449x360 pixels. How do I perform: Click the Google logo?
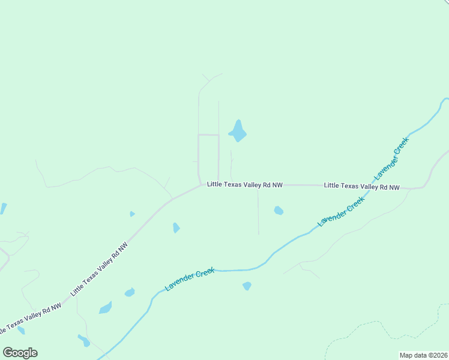click(20, 353)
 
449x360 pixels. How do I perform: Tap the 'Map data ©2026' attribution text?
click(424, 355)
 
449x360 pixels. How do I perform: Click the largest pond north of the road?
click(238, 131)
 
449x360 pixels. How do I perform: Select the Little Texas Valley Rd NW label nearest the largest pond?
click(244, 185)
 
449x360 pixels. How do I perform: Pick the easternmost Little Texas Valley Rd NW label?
click(361, 187)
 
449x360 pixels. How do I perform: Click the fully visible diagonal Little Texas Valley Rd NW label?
click(99, 269)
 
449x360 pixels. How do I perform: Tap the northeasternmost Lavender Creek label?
click(391, 158)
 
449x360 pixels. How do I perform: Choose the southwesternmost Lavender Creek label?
click(190, 280)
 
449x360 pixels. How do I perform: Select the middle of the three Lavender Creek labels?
click(342, 212)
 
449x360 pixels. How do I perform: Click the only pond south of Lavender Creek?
click(247, 286)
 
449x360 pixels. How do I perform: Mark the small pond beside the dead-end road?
click(279, 211)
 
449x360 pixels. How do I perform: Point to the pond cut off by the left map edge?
click(3, 208)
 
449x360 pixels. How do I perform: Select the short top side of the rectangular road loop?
click(208, 135)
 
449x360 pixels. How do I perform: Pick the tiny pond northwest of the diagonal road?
click(132, 214)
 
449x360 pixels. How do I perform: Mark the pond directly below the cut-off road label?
click(21, 330)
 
